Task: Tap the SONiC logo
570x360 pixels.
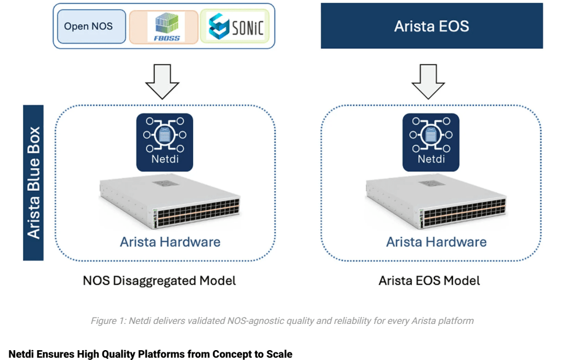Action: click(236, 26)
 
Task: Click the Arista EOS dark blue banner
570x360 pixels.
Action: click(432, 26)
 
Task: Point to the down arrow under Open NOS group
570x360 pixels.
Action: click(163, 81)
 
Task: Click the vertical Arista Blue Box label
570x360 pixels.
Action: click(33, 182)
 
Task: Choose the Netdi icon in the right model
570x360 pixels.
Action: click(430, 142)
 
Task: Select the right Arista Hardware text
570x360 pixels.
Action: click(436, 241)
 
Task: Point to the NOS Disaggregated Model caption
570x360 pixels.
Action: click(159, 280)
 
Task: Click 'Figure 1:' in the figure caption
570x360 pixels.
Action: click(109, 320)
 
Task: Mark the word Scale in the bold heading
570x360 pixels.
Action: click(278, 354)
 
